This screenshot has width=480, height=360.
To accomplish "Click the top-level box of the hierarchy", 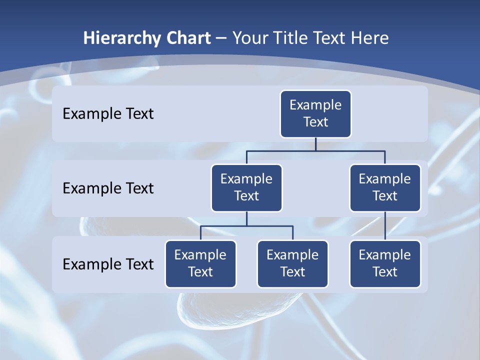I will point(315,113).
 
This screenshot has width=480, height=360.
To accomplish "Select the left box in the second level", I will point(246,187).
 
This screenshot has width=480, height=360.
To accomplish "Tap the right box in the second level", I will point(385,187).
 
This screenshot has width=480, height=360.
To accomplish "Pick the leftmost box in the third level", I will point(200,263).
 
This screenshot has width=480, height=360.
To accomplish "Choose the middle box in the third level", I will point(292,263).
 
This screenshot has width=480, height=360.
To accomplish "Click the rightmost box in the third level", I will point(385,263).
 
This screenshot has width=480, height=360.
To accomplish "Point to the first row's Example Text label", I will point(108,114).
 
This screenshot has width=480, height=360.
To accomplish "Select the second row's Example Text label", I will point(108,188).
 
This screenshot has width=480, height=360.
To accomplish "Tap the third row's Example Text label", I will point(108,264).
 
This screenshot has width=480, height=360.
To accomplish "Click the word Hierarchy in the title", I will point(122,38).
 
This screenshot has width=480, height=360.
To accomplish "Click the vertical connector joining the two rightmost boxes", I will point(385,226).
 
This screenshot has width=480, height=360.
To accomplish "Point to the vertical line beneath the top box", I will point(315,144).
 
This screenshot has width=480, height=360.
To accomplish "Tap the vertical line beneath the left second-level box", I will point(246,219).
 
